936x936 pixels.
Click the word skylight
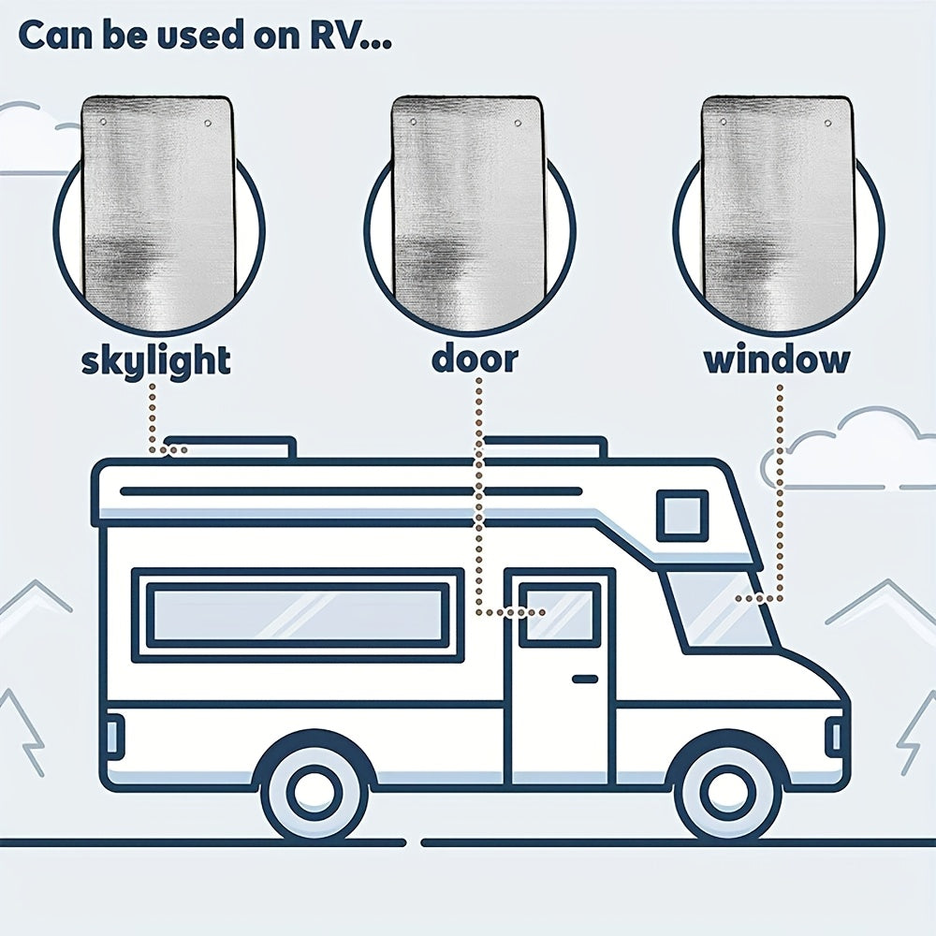pos(155,361)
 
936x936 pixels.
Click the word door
pos(475,358)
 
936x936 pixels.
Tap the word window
pos(777,359)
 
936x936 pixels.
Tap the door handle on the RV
pos(585,680)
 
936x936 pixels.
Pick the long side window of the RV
pos(298,615)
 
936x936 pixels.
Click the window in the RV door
pos(556,615)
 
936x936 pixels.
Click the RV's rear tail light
pos(114,736)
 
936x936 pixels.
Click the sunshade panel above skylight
pos(157,212)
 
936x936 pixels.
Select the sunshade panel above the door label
pos(467,212)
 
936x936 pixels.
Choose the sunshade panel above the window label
pos(777,212)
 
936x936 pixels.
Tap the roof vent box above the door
pos(544,447)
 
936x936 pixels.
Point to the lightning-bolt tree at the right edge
pos(917,731)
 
